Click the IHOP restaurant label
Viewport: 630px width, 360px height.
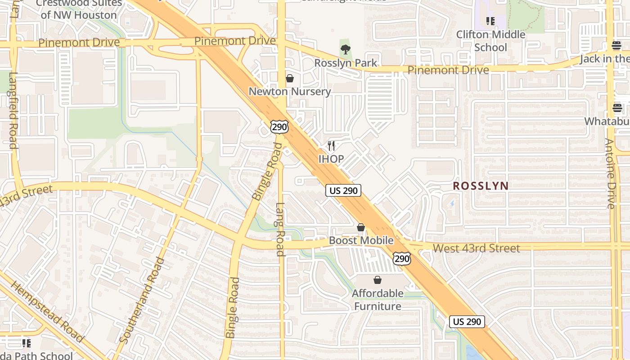click(x=331, y=159)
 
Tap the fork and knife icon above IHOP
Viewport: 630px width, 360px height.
click(x=331, y=145)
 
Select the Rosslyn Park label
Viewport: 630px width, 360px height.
click(x=346, y=63)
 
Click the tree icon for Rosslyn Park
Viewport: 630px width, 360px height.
click(x=346, y=49)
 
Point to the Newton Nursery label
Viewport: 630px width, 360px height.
click(x=290, y=91)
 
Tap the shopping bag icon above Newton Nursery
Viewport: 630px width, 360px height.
click(x=290, y=78)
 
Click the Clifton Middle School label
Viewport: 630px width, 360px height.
click(x=490, y=41)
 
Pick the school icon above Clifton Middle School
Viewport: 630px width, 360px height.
click(x=490, y=21)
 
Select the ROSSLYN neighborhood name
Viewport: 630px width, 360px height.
click(x=481, y=185)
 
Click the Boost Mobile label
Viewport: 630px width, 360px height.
click(x=361, y=240)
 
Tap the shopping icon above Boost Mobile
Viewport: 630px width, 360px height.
click(x=361, y=227)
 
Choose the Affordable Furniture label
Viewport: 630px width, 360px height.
click(x=378, y=300)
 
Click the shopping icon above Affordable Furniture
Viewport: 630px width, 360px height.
click(x=378, y=280)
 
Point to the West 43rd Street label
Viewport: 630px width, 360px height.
click(x=476, y=248)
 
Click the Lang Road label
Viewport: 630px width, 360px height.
click(x=280, y=229)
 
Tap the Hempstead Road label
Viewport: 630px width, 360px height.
click(x=46, y=311)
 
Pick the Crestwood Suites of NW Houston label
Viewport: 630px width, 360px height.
click(x=79, y=9)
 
